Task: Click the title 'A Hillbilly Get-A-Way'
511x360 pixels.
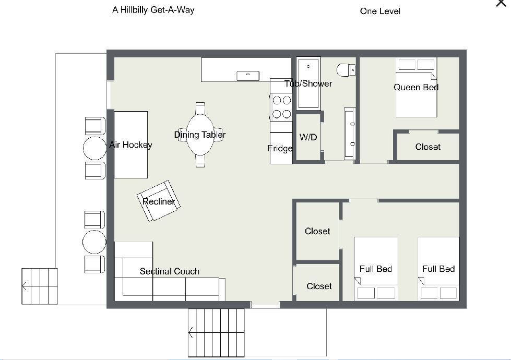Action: [153, 10]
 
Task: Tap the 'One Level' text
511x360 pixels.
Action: [380, 11]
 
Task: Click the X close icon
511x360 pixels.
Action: [501, 3]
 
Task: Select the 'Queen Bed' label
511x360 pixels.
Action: [416, 87]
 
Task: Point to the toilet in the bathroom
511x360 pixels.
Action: [346, 70]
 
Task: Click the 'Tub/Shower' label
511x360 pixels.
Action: [308, 83]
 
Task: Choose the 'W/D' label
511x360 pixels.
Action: [308, 137]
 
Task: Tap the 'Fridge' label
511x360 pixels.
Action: [280, 149]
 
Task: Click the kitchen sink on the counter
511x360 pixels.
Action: [248, 76]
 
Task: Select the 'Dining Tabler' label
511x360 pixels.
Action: [200, 135]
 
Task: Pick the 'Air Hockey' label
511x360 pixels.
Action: [130, 145]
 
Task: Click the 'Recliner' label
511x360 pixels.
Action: [159, 202]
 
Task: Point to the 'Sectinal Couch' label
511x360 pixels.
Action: [170, 271]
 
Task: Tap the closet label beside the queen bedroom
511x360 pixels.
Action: [427, 147]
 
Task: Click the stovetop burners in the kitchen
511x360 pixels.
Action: [281, 107]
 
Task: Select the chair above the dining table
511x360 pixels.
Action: [200, 109]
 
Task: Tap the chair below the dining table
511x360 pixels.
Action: [200, 161]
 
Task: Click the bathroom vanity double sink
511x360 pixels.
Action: [350, 134]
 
